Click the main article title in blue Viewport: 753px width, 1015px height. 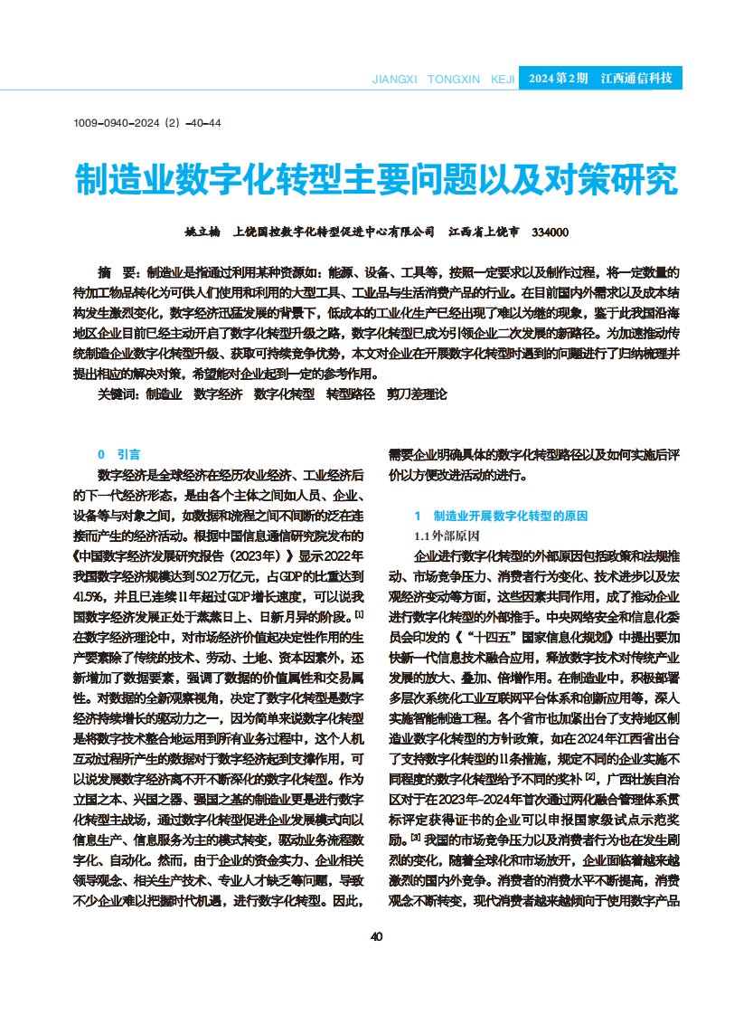tap(376, 180)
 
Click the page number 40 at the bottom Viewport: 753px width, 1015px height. tap(376, 935)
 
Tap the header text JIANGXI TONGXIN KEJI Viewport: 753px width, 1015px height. tap(443, 80)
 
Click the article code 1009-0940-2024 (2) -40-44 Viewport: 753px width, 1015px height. tap(147, 123)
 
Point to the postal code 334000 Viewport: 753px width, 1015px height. tap(551, 232)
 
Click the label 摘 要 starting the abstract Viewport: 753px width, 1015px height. tap(118, 271)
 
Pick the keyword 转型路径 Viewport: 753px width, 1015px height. tap(350, 394)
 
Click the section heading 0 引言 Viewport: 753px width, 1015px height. tap(118, 454)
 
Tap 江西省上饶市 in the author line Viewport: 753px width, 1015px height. tap(485, 232)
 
